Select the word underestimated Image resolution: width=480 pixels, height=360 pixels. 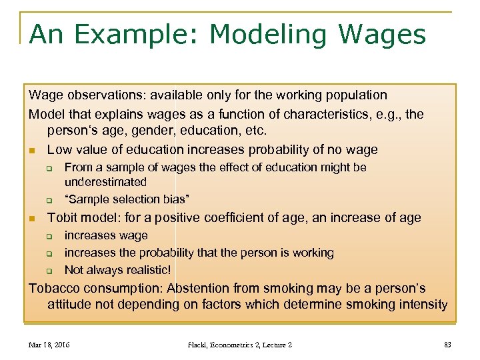pos(105,182)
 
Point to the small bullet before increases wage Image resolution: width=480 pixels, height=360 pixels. pos(49,236)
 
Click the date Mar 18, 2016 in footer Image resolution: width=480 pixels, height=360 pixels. pos(49,345)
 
